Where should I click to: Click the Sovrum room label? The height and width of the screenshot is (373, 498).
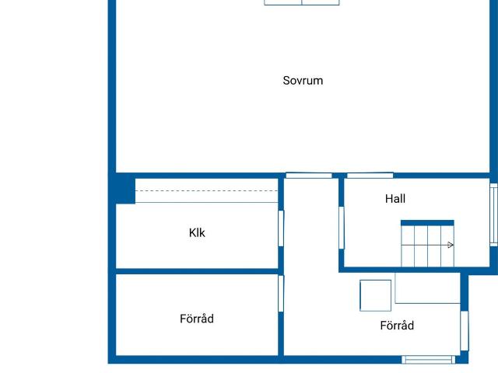pyautogui.click(x=303, y=80)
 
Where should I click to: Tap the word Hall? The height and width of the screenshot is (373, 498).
pyautogui.click(x=395, y=199)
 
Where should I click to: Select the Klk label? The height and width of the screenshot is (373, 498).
pyautogui.click(x=197, y=232)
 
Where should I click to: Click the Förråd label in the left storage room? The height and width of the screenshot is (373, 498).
pyautogui.click(x=197, y=319)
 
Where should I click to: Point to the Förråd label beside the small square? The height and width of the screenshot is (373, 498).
pyautogui.click(x=397, y=326)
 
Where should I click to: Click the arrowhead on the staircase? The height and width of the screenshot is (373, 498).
pyautogui.click(x=451, y=245)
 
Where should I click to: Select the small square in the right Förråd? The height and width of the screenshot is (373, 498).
pyautogui.click(x=375, y=295)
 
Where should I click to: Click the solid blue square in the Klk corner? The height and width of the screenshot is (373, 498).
pyautogui.click(x=121, y=190)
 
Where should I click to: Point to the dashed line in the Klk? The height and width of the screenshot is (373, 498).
pyautogui.click(x=206, y=190)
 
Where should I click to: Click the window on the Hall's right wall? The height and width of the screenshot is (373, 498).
pyautogui.click(x=493, y=214)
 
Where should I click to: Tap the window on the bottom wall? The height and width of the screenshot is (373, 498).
pyautogui.click(x=428, y=359)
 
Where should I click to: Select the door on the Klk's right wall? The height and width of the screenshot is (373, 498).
pyautogui.click(x=281, y=228)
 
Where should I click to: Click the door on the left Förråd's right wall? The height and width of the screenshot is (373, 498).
pyautogui.click(x=281, y=294)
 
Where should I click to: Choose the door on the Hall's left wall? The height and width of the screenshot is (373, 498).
pyautogui.click(x=342, y=227)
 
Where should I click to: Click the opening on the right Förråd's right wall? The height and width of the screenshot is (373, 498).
pyautogui.click(x=465, y=330)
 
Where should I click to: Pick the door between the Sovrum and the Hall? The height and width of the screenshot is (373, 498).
pyautogui.click(x=370, y=176)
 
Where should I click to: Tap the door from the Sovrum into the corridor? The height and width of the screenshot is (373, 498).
pyautogui.click(x=309, y=176)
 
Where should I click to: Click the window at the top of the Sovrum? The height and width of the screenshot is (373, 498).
pyautogui.click(x=302, y=2)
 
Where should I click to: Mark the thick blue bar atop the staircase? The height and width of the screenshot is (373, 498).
pyautogui.click(x=427, y=223)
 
